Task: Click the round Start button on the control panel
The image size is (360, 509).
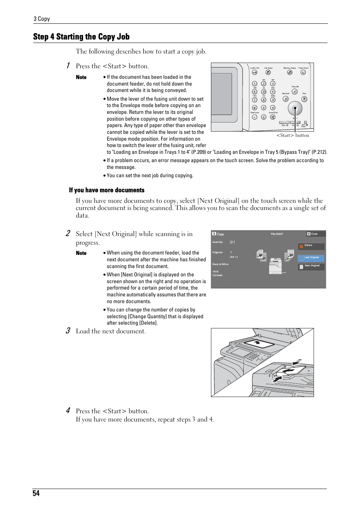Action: point(295,109)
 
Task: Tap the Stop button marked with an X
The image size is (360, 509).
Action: point(304,99)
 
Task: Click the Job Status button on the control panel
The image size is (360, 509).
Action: point(268,72)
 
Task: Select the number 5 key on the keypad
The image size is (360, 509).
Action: point(264,92)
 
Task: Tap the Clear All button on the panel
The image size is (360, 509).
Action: point(295,92)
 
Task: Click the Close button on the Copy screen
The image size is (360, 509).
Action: point(312,234)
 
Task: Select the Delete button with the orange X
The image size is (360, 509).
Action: point(311,246)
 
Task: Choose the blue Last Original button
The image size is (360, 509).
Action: point(311,258)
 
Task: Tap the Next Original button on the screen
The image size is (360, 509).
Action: point(311,266)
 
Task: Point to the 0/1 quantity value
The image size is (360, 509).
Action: point(232,242)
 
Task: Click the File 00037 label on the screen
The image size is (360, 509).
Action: point(277,234)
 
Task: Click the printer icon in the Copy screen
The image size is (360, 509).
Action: point(275,266)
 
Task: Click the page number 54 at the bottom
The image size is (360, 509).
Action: point(36,494)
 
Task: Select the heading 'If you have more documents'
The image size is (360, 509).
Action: point(107,190)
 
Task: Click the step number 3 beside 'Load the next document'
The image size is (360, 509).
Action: point(68,331)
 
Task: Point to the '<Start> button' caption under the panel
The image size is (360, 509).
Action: point(293,135)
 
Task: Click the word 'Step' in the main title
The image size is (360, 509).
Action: point(41,37)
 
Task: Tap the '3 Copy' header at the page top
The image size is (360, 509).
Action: point(42,19)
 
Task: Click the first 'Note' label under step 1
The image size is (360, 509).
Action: point(81,77)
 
